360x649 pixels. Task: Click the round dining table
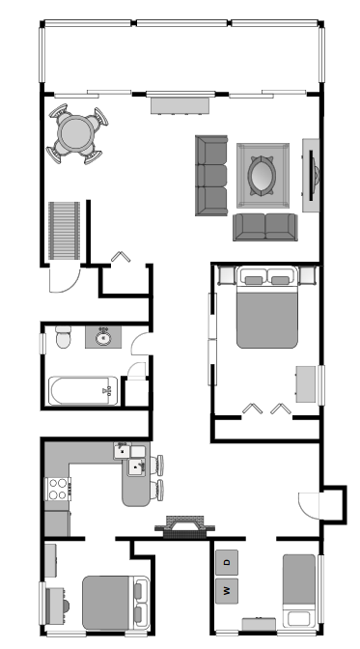(x=76, y=133)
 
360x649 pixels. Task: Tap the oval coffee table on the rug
(x=262, y=175)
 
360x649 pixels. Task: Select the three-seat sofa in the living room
(x=211, y=176)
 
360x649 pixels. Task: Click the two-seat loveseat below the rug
(x=264, y=227)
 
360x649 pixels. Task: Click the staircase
(x=64, y=231)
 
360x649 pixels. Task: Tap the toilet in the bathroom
(x=64, y=337)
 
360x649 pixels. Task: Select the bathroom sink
(x=103, y=337)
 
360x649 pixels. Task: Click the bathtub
(x=83, y=390)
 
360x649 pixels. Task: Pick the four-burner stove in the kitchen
(x=58, y=489)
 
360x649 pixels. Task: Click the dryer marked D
(x=227, y=562)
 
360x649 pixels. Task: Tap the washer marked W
(x=227, y=591)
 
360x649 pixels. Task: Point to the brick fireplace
(x=185, y=526)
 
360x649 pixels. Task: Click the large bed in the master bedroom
(x=267, y=307)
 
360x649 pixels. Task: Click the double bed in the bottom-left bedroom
(x=116, y=603)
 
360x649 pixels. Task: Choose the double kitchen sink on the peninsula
(x=130, y=459)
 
